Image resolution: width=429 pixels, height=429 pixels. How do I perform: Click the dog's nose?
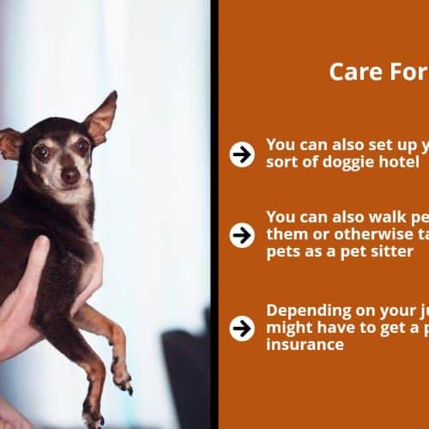[70, 176]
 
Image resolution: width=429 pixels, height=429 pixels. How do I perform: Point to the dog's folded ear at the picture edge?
[10, 144]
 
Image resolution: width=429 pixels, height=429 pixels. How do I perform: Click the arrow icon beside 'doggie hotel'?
[242, 154]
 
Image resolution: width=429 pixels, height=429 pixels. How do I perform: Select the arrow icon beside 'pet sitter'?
[242, 235]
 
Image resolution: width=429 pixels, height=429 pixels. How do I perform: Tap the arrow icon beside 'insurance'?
[242, 329]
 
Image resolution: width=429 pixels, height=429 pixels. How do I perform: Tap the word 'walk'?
[387, 217]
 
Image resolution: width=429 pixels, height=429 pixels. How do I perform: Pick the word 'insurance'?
[305, 345]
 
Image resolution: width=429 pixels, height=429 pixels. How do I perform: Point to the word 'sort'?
[281, 162]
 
